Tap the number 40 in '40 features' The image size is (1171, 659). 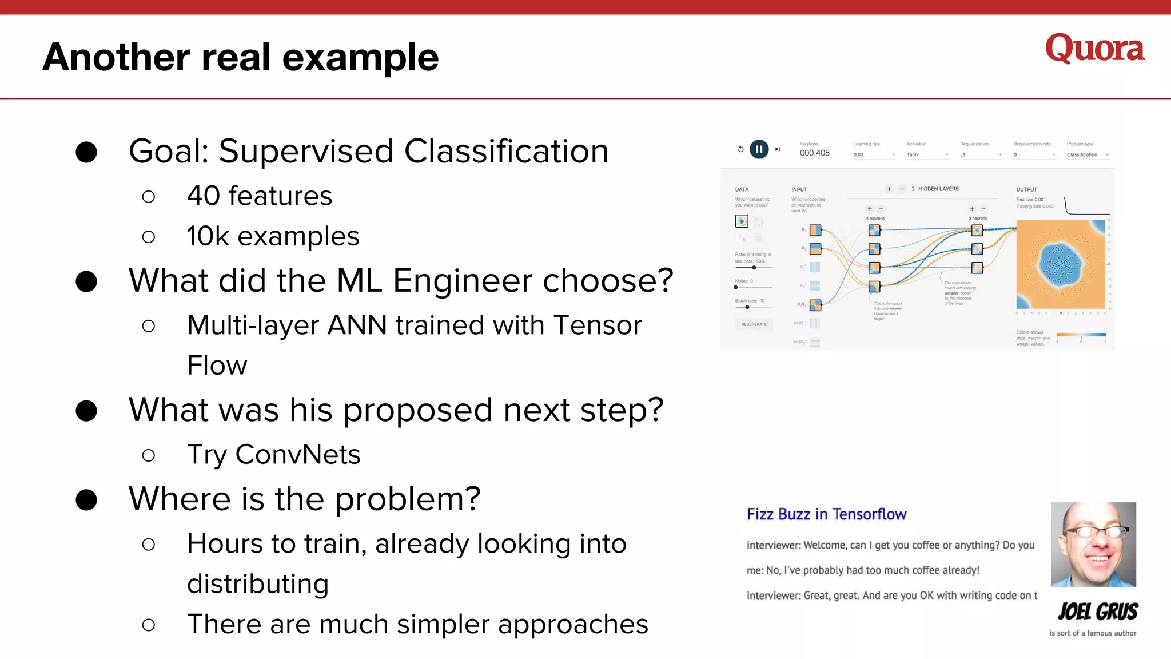(x=204, y=196)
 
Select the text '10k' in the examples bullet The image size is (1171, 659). (x=208, y=236)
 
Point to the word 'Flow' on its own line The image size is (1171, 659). (x=217, y=366)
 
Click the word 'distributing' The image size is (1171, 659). (x=258, y=584)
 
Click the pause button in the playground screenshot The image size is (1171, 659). (x=759, y=149)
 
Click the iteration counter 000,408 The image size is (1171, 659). (x=814, y=153)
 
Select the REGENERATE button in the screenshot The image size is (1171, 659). (x=754, y=324)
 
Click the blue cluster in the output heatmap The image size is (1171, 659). (x=1060, y=264)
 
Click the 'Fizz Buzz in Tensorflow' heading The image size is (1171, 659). (x=826, y=514)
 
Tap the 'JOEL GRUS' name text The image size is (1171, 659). (x=1097, y=612)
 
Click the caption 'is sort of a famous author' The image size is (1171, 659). (x=1093, y=633)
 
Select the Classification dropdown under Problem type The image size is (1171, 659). (x=1086, y=155)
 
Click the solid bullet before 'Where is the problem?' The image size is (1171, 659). (x=86, y=500)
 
